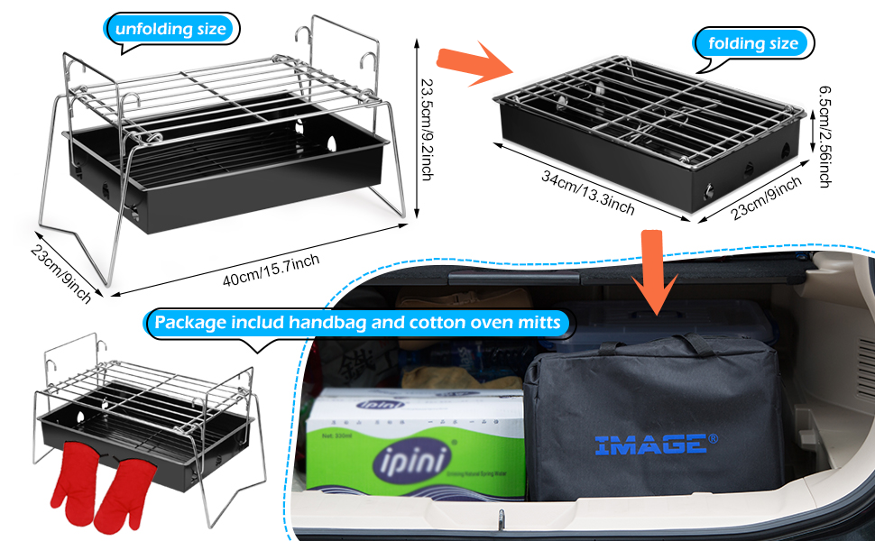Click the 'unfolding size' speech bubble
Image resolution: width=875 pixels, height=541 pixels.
pos(169,29)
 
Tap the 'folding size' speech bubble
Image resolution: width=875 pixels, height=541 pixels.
pos(752,42)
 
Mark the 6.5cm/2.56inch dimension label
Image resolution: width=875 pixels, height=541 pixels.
pos(824,136)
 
